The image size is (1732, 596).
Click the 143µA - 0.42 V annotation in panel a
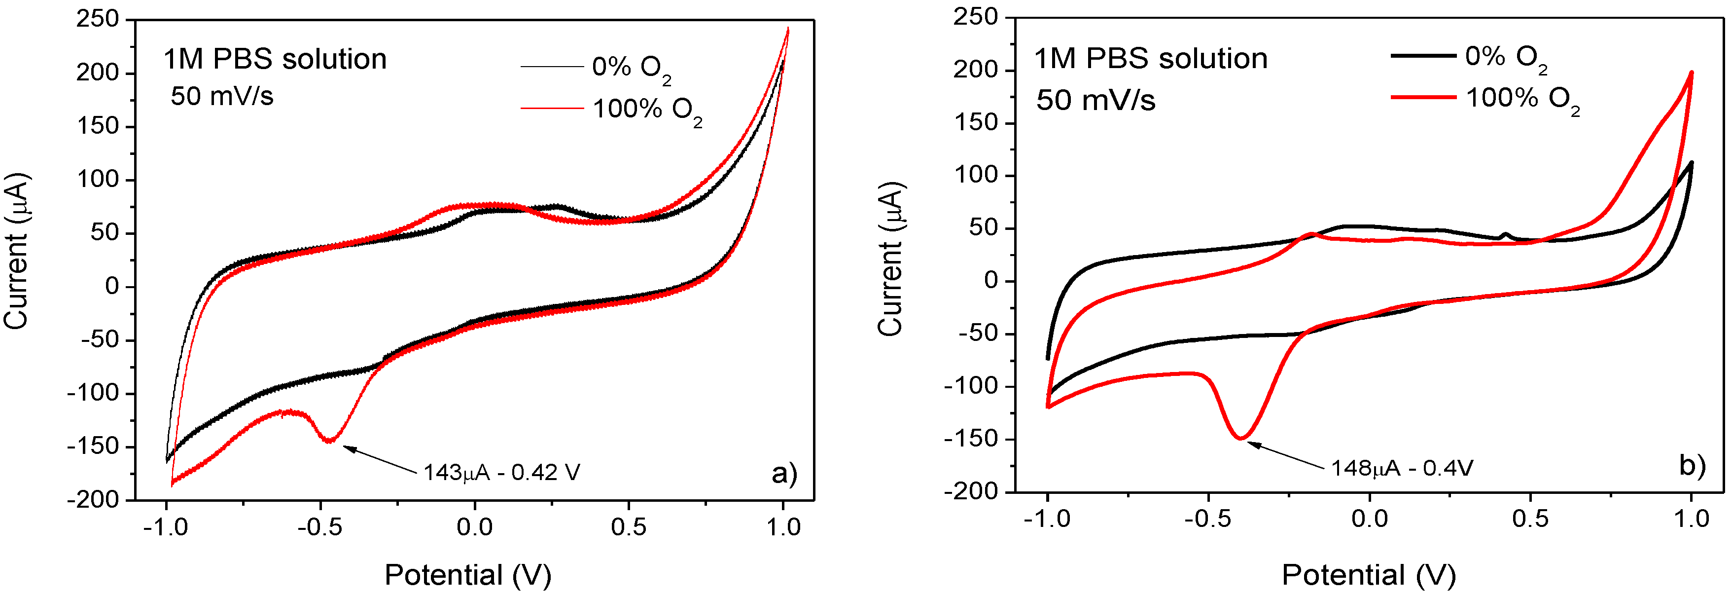point(501,472)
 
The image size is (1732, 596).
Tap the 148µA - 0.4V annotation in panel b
point(1402,468)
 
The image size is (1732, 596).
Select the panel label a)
point(784,473)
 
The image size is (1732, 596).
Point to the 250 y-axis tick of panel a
point(98,19)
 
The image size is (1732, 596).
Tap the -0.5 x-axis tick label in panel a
point(319,527)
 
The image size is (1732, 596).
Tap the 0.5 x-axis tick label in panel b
point(1530,519)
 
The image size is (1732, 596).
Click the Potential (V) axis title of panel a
point(467,575)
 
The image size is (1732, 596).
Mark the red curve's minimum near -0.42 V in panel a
point(329,441)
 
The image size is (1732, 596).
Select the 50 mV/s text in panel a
point(222,96)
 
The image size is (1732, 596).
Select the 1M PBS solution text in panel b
point(1150,59)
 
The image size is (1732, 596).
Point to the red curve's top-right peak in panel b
point(1691,73)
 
